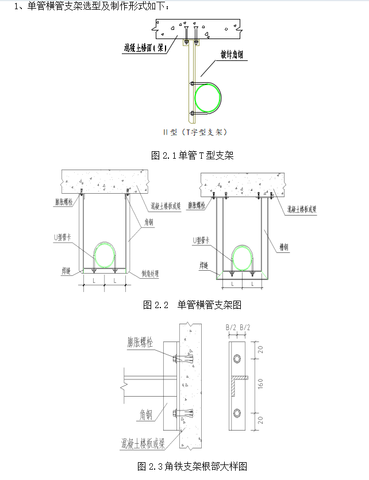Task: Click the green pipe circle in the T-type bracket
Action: pyautogui.click(x=207, y=97)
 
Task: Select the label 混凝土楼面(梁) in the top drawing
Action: pyautogui.click(x=145, y=49)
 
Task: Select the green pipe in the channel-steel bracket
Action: pyautogui.click(x=244, y=256)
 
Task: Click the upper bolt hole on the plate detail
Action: pyautogui.click(x=237, y=359)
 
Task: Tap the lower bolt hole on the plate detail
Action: pyautogui.click(x=237, y=412)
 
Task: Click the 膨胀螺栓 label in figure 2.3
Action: pyautogui.click(x=141, y=343)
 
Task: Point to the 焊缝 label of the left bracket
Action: pyautogui.click(x=66, y=270)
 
